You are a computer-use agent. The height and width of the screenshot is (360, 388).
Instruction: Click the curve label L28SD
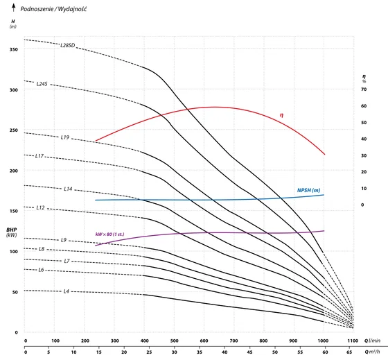(68, 45)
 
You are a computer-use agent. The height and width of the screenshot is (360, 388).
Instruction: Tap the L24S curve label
(42, 84)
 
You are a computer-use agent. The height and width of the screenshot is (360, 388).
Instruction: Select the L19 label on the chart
(65, 137)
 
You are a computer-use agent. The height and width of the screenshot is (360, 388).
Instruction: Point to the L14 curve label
(68, 189)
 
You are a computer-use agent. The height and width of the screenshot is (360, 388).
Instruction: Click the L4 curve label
(66, 291)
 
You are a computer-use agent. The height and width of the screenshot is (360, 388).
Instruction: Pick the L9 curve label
(64, 240)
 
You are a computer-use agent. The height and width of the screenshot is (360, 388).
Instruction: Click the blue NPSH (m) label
(308, 190)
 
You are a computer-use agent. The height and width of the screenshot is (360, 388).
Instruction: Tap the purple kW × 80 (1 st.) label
(110, 234)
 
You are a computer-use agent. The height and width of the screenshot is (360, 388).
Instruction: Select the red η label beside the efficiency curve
(281, 115)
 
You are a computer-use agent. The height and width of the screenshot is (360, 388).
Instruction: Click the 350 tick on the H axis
(14, 49)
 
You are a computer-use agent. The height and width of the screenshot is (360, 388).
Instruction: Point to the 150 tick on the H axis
(14, 211)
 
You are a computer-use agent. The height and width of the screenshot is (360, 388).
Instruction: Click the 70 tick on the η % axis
(364, 89)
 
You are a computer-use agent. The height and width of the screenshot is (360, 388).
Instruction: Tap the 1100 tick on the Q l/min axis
(353, 341)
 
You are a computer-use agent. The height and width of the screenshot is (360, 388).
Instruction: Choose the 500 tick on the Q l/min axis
(174, 341)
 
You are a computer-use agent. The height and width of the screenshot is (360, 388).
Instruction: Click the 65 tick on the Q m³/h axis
(349, 352)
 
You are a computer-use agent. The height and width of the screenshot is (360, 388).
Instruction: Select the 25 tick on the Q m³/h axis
(149, 352)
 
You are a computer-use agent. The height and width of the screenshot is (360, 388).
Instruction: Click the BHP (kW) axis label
(12, 232)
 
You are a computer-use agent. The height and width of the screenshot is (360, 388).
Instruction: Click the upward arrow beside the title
(14, 8)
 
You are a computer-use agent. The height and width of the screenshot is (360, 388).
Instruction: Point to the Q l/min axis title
(372, 341)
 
